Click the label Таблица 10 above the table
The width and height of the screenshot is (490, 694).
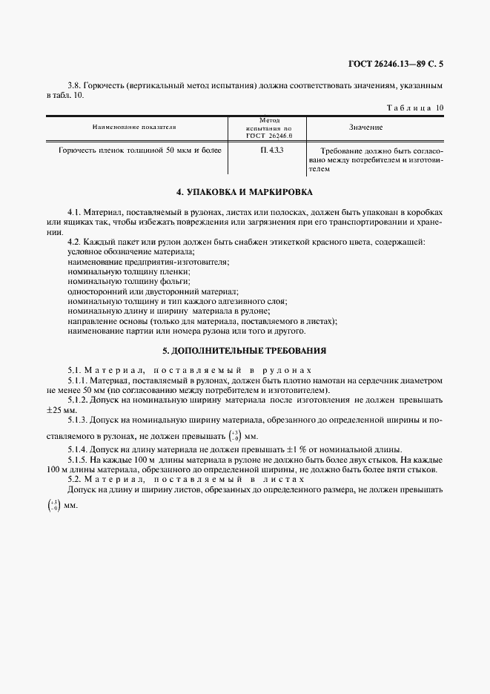click(415, 108)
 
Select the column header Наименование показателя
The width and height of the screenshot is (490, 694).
click(139, 128)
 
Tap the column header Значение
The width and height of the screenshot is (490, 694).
click(365, 128)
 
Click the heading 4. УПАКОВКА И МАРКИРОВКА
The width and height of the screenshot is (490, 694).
click(245, 191)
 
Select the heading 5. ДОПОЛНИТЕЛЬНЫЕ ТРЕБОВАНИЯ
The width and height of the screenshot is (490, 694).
click(245, 349)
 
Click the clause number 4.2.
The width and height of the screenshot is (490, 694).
click(74, 243)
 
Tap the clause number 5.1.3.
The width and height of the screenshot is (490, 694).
click(79, 420)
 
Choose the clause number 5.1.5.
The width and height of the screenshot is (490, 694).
click(79, 460)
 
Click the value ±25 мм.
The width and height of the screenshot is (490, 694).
click(62, 410)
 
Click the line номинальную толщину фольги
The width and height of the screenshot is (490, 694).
click(118, 282)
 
